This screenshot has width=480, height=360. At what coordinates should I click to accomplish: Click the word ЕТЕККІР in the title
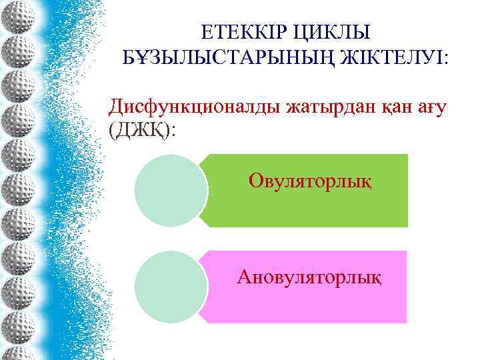[x=242, y=32]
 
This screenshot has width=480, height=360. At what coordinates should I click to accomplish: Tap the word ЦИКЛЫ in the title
[x=335, y=32]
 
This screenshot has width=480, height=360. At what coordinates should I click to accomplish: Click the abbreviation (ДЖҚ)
[x=139, y=129]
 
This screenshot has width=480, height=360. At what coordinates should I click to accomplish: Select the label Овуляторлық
[x=310, y=180]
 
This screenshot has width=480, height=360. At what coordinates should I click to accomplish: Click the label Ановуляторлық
[x=309, y=276]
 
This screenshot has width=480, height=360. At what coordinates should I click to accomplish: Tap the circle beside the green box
[x=171, y=191]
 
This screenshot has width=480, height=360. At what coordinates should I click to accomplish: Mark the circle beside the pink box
[x=171, y=287]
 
